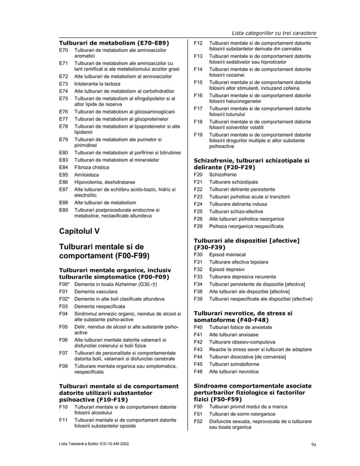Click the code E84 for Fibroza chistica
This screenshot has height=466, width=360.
(64, 167)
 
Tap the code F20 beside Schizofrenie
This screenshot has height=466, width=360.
(198, 175)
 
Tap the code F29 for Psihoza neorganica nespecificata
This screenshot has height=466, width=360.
(198, 226)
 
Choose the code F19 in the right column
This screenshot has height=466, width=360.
(198, 135)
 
